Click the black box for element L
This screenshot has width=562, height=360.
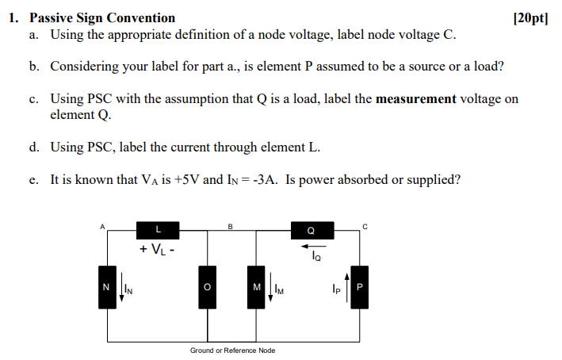coord(158,230)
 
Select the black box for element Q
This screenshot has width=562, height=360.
coord(310,231)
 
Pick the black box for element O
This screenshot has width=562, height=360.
coord(205,286)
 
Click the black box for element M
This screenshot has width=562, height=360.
coord(256,286)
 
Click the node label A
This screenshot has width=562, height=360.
coord(101,225)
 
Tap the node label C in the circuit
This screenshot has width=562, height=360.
coord(365,226)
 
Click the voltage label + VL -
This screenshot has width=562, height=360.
coord(158,249)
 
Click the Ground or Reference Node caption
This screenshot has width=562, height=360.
coord(232,350)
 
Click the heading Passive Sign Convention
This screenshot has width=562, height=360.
coord(102,17)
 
